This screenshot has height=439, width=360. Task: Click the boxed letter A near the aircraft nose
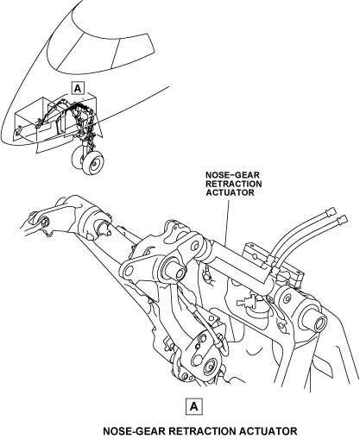tap(78, 89)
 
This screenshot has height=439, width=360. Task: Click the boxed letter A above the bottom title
tap(194, 406)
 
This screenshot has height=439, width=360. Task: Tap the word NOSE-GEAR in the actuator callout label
tap(232, 175)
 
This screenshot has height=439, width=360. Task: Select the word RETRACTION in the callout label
tap(234, 184)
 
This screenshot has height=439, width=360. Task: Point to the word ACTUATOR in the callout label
tap(230, 192)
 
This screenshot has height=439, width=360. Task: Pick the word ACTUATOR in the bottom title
tap(268, 431)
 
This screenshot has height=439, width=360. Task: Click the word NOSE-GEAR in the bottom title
tap(134, 431)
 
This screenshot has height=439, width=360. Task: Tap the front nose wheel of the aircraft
tap(92, 163)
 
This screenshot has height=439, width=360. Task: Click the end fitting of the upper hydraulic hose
tap(331, 211)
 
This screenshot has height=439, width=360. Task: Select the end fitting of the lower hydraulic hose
tap(342, 220)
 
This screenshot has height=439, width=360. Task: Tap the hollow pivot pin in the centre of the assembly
tap(176, 271)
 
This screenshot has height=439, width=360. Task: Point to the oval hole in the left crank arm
tap(130, 270)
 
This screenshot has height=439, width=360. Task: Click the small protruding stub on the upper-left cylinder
tap(106, 229)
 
